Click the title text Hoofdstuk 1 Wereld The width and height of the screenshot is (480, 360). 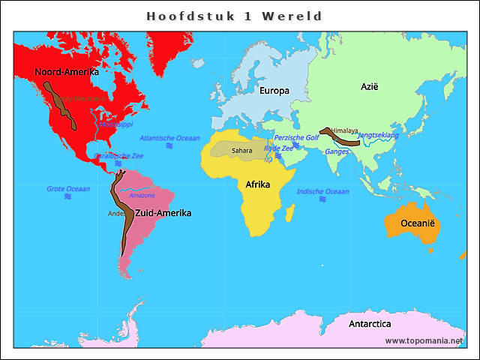(234, 16)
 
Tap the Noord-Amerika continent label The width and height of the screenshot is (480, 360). (67, 72)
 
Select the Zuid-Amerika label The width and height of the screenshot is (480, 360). (163, 213)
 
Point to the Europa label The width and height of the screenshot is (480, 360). (274, 91)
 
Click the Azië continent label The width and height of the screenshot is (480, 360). (370, 87)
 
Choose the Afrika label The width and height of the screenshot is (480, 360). (258, 184)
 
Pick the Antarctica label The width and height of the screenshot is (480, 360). (370, 324)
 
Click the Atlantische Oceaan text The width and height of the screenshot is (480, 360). (170, 138)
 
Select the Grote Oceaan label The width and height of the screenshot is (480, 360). (67, 189)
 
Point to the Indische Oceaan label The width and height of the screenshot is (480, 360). (322, 191)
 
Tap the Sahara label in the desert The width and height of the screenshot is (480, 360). (242, 150)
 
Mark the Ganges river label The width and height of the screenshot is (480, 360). (337, 151)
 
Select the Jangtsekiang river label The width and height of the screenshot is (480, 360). (379, 135)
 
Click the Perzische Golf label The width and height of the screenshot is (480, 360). (296, 138)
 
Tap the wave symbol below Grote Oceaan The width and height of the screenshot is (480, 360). (67, 196)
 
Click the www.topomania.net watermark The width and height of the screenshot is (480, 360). (424, 340)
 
